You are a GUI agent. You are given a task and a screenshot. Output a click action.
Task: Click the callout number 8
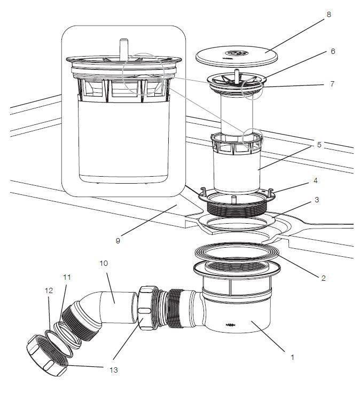tap(328, 14)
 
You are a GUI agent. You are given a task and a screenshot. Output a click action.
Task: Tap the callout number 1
tap(292, 357)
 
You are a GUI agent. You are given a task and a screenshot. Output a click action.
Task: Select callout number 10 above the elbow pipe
tap(103, 264)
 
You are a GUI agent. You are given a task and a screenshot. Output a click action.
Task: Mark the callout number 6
tap(333, 52)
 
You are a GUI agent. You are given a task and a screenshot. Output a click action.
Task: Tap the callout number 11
tap(67, 277)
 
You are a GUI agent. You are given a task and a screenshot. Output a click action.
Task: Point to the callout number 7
tap(332, 84)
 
